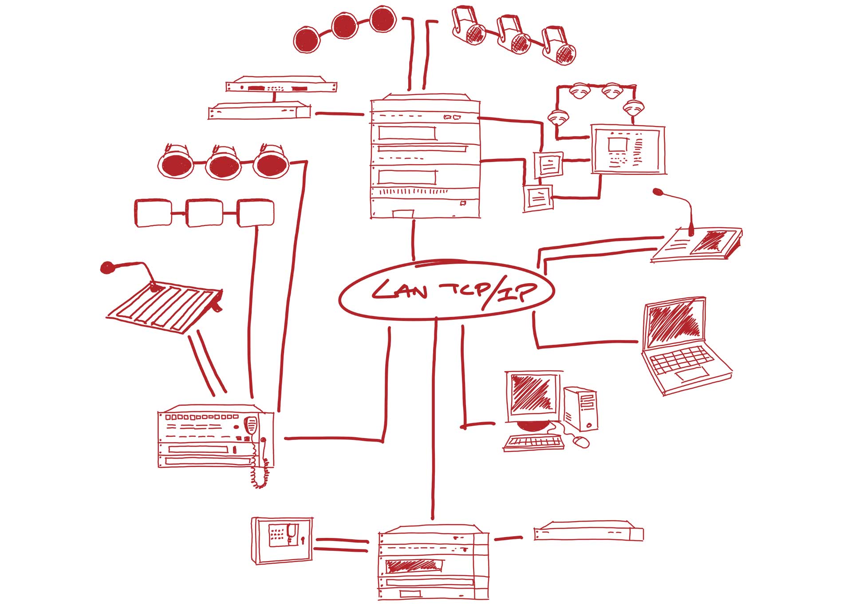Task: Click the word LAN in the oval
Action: (x=399, y=291)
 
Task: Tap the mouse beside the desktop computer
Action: (x=581, y=442)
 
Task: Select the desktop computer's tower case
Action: (x=581, y=408)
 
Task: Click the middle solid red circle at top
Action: (x=345, y=26)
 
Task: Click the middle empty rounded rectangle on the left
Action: (x=204, y=213)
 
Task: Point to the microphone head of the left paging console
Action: (x=107, y=267)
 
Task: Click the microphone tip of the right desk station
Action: (x=657, y=192)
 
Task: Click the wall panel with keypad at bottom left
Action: (x=282, y=540)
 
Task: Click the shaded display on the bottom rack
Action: (x=414, y=565)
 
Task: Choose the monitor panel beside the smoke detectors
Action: (x=627, y=150)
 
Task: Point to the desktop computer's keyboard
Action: (x=534, y=442)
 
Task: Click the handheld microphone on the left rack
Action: (x=251, y=425)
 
